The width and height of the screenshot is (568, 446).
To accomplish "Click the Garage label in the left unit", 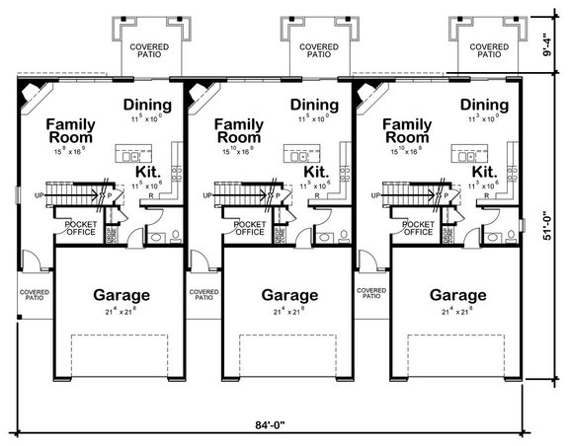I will point(122,295).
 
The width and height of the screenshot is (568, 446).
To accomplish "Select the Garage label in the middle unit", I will point(289,295).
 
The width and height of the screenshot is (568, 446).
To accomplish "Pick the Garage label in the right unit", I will point(458,295).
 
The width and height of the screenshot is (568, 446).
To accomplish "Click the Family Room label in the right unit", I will point(409,131).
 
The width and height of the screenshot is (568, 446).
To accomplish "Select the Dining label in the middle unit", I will point(316,105).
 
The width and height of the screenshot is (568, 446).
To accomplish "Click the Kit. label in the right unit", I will point(484,172).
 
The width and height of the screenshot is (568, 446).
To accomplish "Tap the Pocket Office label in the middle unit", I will point(247,228).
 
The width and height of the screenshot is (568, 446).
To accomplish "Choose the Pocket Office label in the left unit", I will point(79,228).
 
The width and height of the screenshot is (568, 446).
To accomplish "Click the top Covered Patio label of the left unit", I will point(147,50).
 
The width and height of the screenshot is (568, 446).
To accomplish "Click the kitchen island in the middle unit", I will point(296,154).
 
